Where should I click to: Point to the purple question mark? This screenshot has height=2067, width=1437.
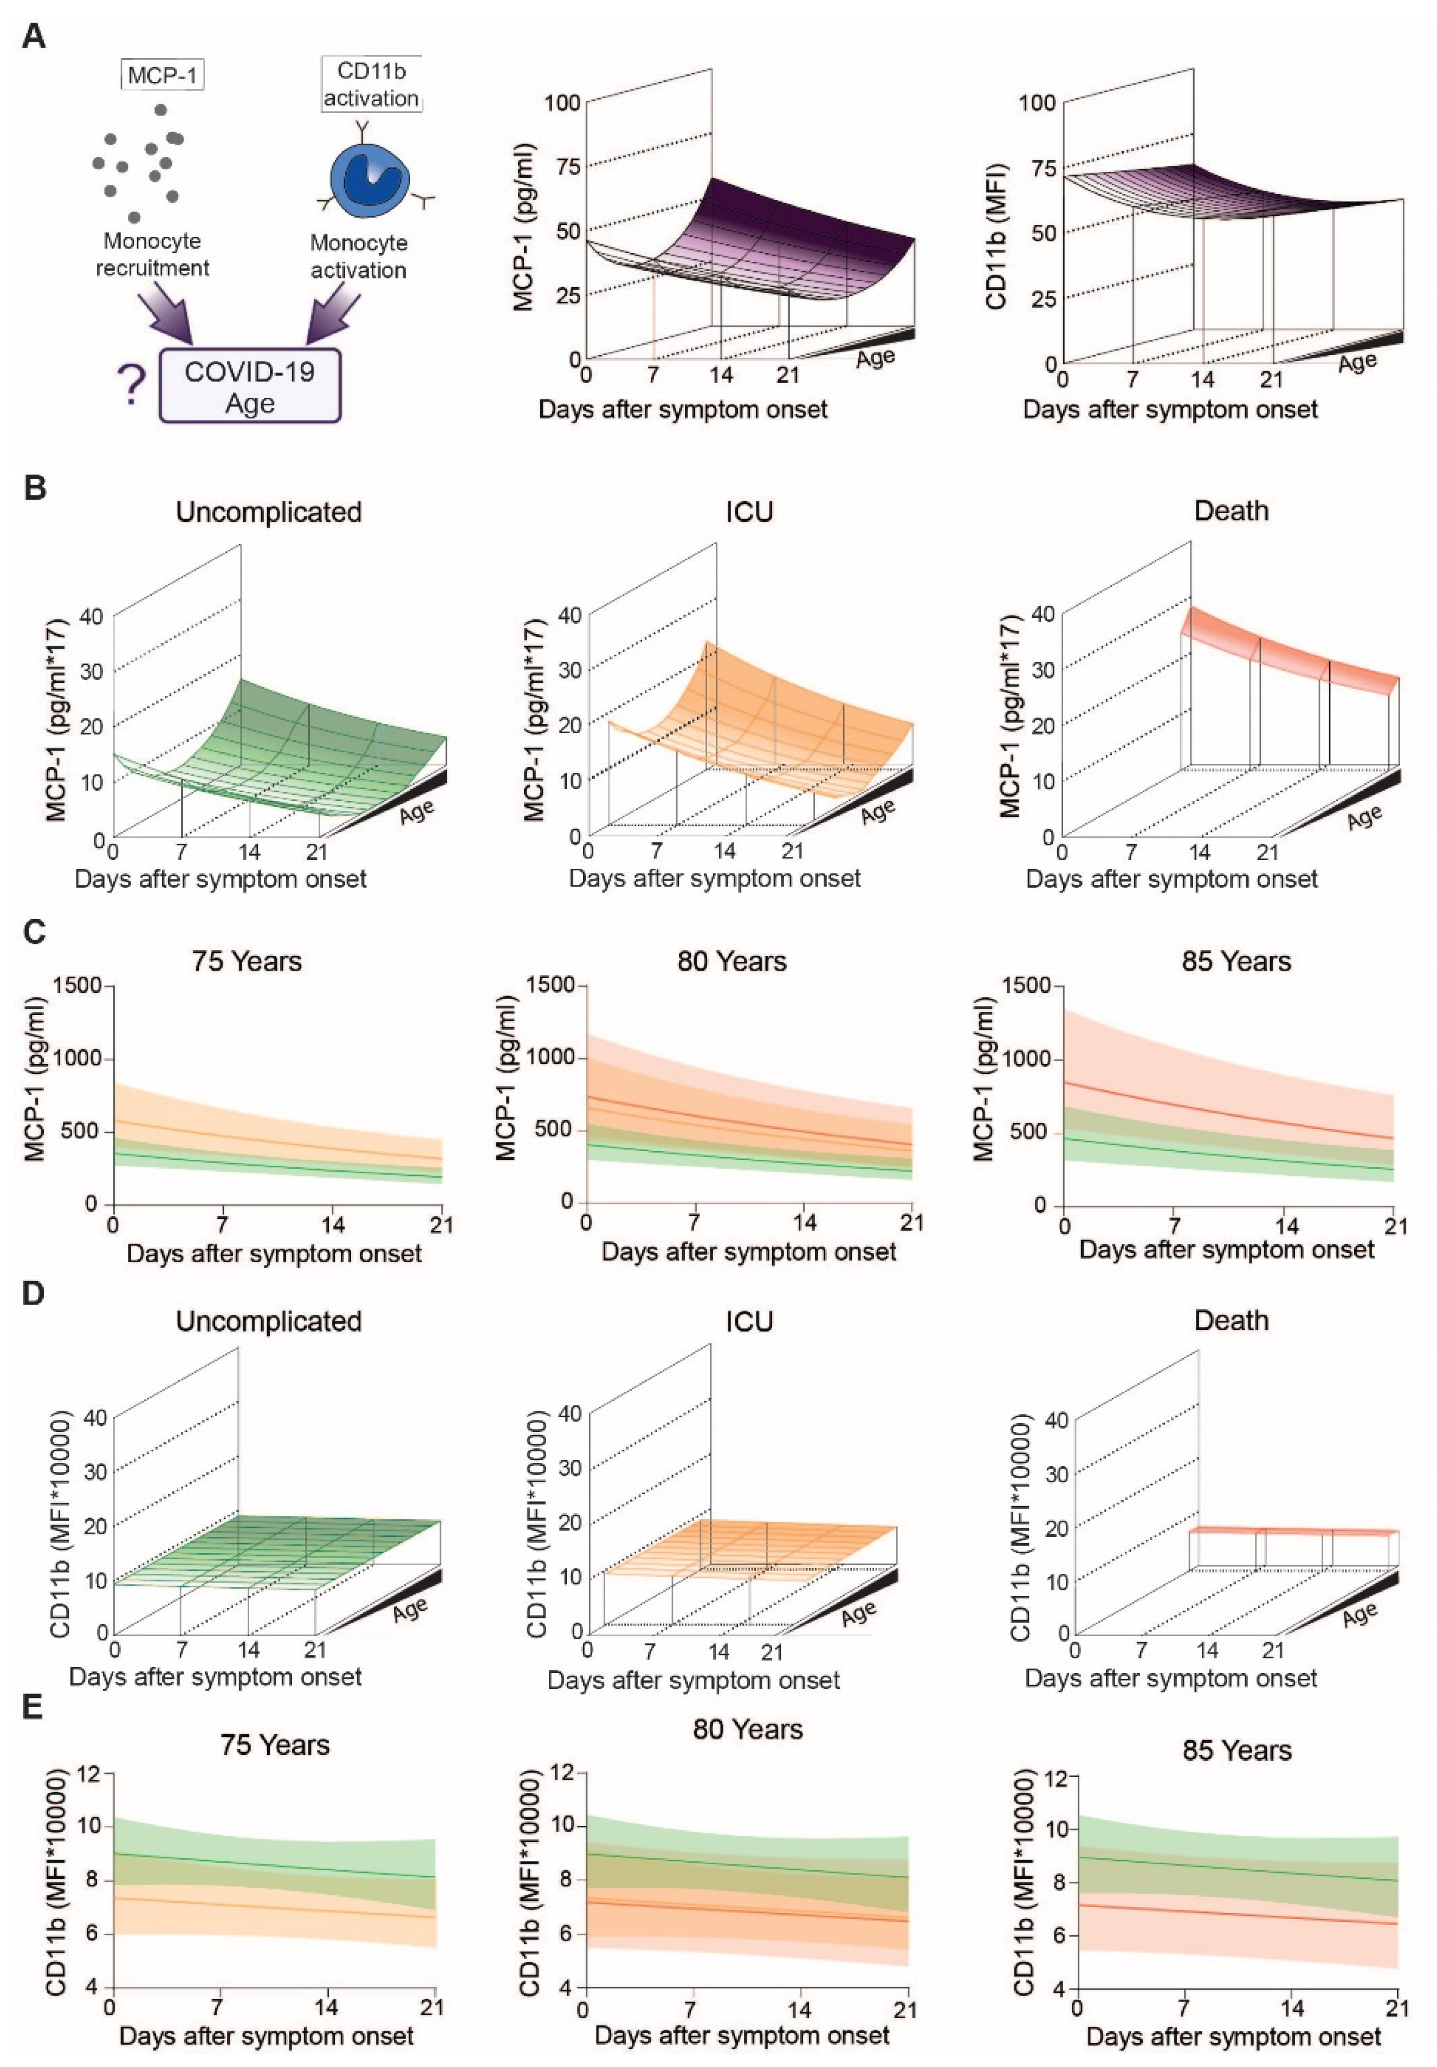132,385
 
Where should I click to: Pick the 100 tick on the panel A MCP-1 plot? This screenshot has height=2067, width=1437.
563,102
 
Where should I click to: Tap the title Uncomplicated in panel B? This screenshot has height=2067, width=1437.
268,512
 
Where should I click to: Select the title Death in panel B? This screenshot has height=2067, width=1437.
1231,512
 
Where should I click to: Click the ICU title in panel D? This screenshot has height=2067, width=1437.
749,1322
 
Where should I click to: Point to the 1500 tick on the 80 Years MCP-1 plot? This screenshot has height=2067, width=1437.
552,985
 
